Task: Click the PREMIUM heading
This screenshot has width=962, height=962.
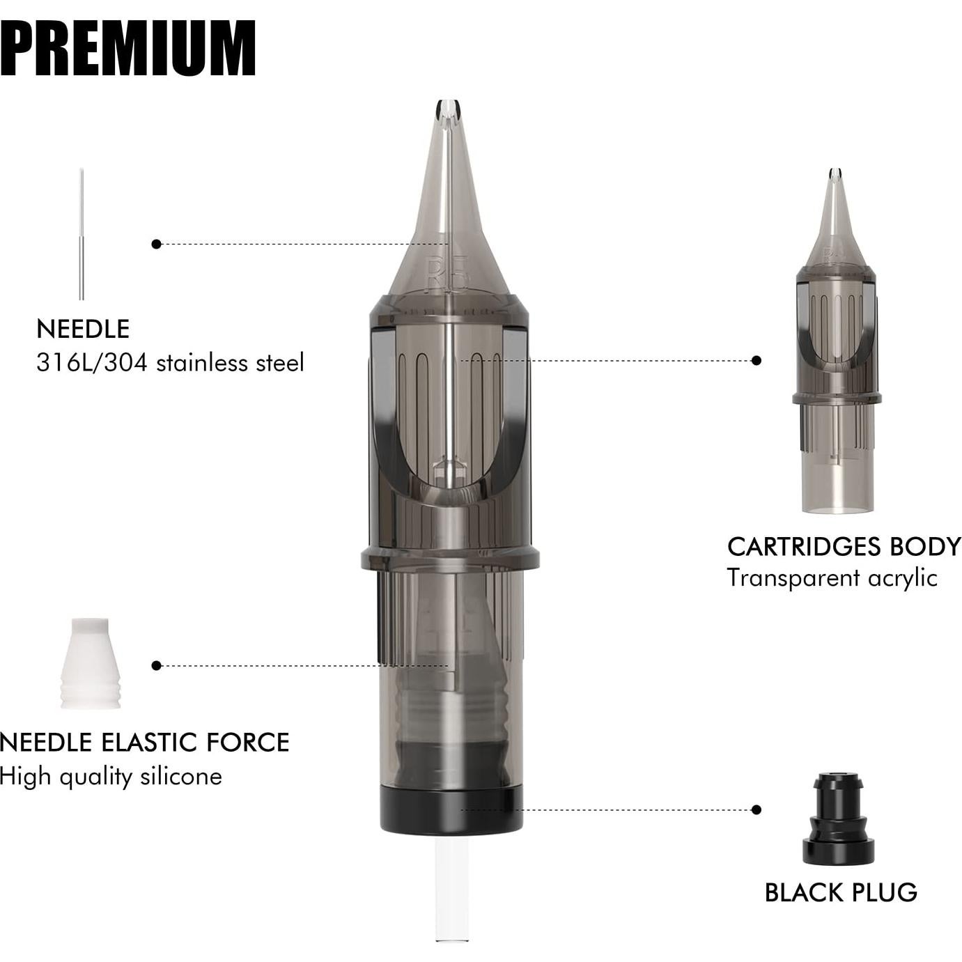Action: [127, 49]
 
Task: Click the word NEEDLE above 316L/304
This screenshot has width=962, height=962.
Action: [83, 329]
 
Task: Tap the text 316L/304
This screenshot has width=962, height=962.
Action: [92, 362]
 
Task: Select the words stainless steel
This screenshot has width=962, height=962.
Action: [230, 362]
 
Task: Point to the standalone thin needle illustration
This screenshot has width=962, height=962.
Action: [82, 234]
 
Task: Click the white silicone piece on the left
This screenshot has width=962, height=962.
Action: [91, 663]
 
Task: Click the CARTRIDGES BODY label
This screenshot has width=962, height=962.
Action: [844, 547]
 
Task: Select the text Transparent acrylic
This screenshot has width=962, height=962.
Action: [832, 578]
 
